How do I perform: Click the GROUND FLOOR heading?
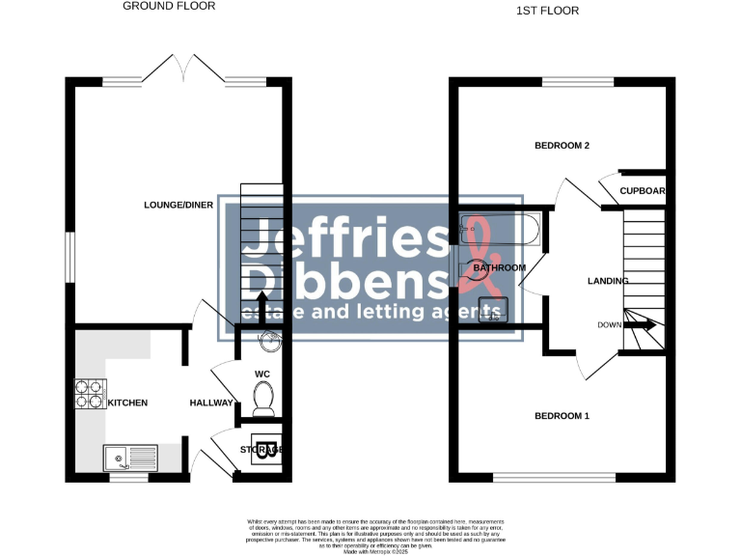point(169,6)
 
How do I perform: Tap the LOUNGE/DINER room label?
point(178,205)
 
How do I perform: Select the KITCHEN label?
point(127,403)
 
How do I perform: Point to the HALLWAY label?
point(211,403)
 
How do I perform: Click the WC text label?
point(261,374)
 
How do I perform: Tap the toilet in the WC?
point(261,398)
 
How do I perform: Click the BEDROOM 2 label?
point(563,146)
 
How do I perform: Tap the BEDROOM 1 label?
point(562,416)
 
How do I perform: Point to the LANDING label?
point(608,281)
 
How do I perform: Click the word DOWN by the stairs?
point(609,324)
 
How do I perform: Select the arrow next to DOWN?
point(645,325)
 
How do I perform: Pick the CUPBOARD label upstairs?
point(642,190)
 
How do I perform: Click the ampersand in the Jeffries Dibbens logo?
point(472,259)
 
